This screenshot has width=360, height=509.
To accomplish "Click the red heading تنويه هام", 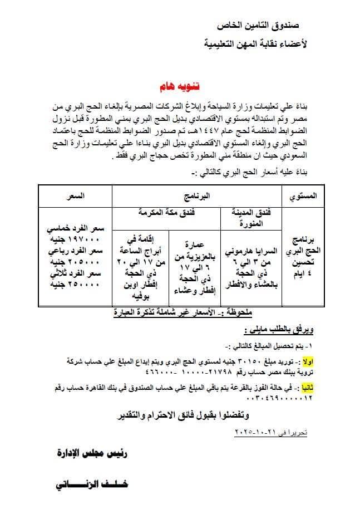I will (175, 87).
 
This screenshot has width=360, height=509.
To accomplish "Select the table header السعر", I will (75, 196).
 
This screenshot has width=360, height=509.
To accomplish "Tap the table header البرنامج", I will (199, 196).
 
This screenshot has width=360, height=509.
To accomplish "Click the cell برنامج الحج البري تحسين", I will (304, 254).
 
